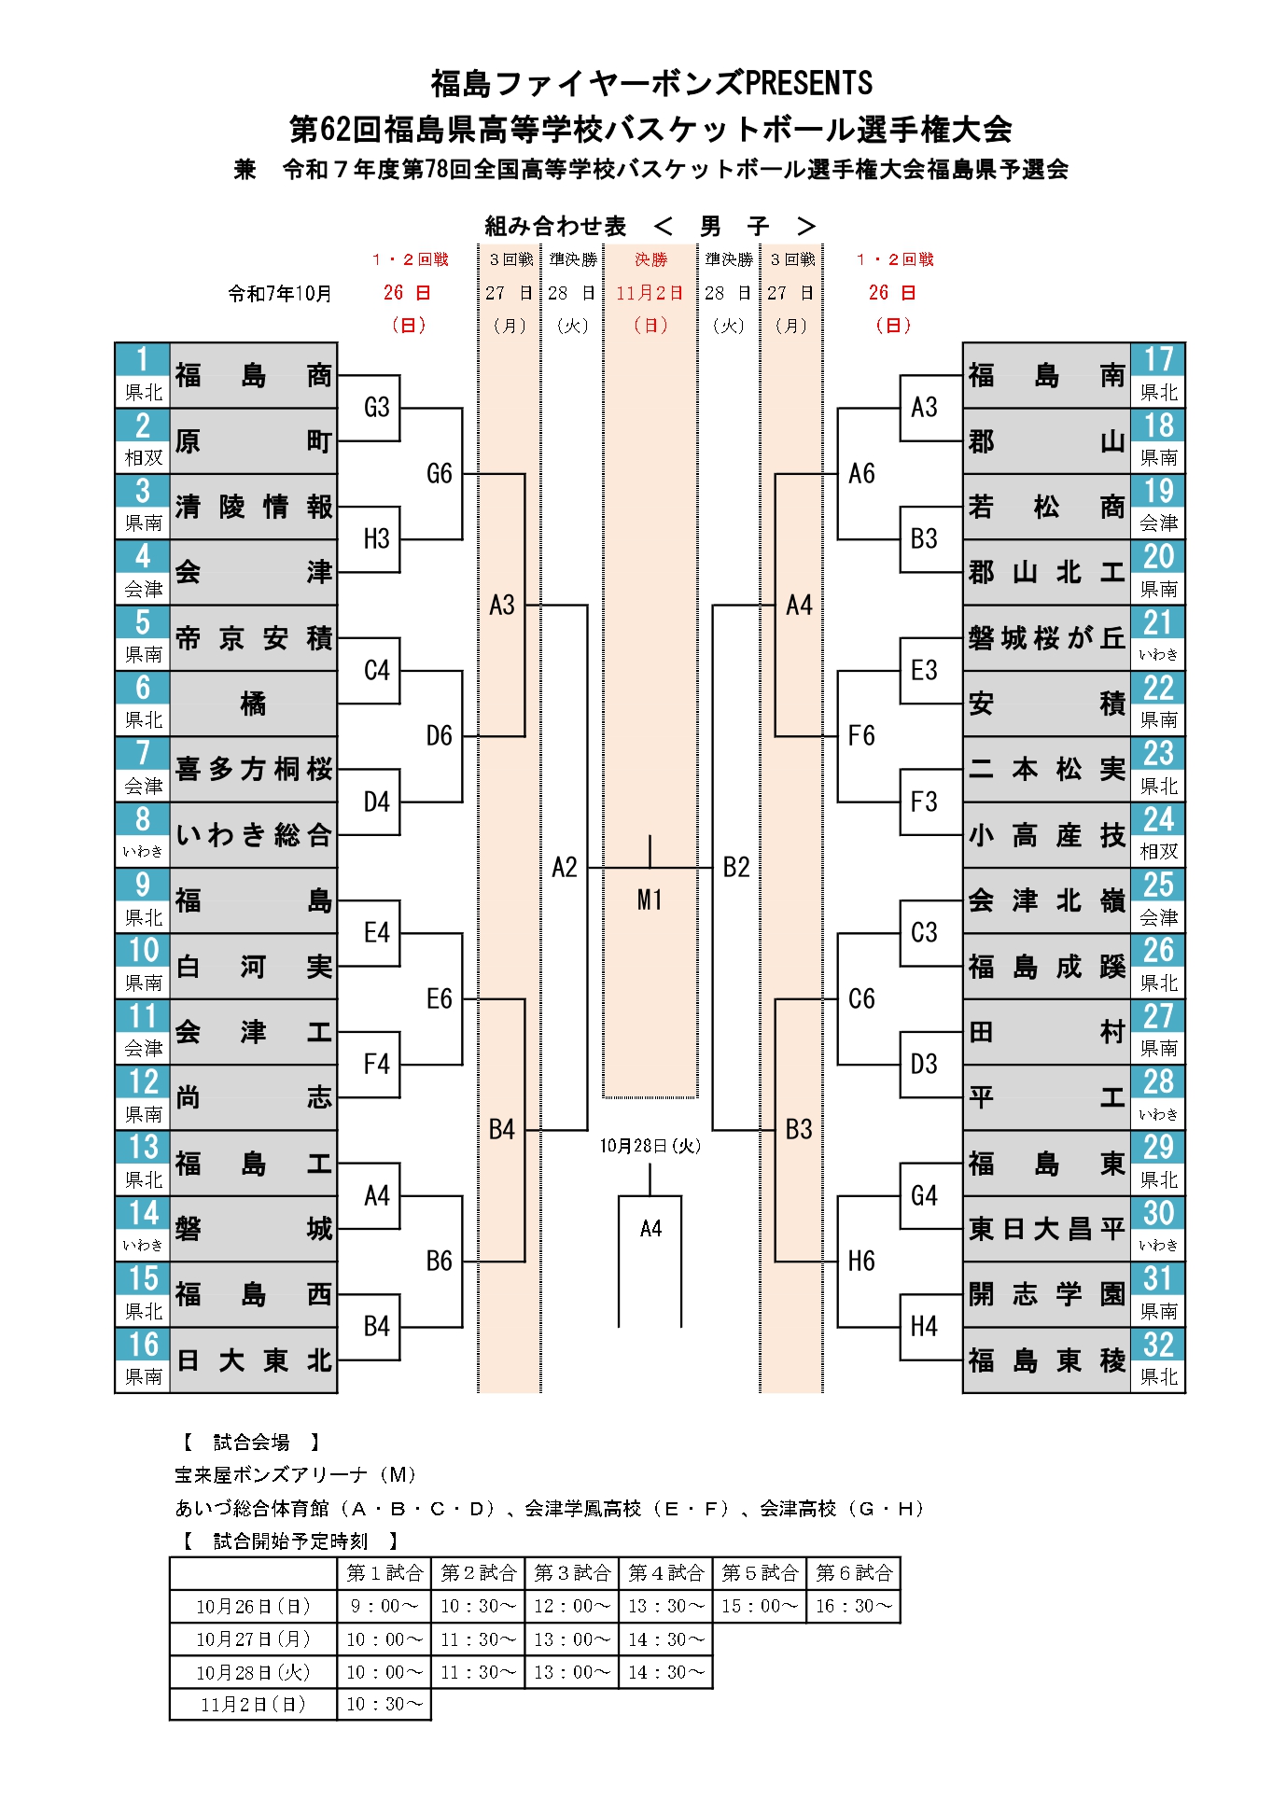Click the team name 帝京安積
[253, 638]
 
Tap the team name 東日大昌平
[1045, 1229]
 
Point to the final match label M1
[650, 899]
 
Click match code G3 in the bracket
[376, 408]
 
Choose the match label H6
[860, 1262]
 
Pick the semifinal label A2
[565, 868]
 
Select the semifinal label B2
[736, 868]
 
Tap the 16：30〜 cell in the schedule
[853, 1607]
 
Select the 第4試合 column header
[665, 1573]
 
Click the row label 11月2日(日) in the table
[253, 1705]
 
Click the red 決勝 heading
[650, 259]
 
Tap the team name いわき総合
[253, 835]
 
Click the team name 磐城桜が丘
[1045, 638]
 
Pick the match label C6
[860, 999]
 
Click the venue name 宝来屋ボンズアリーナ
[272, 1475]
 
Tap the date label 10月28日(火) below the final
[650, 1146]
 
